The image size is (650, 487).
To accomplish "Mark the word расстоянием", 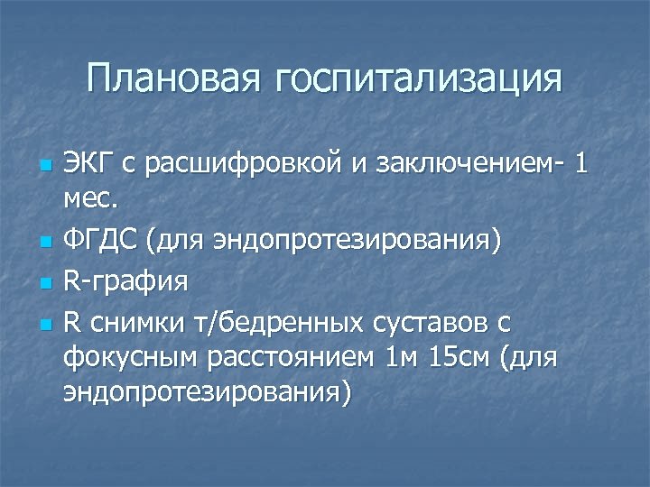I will click(299, 358).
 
